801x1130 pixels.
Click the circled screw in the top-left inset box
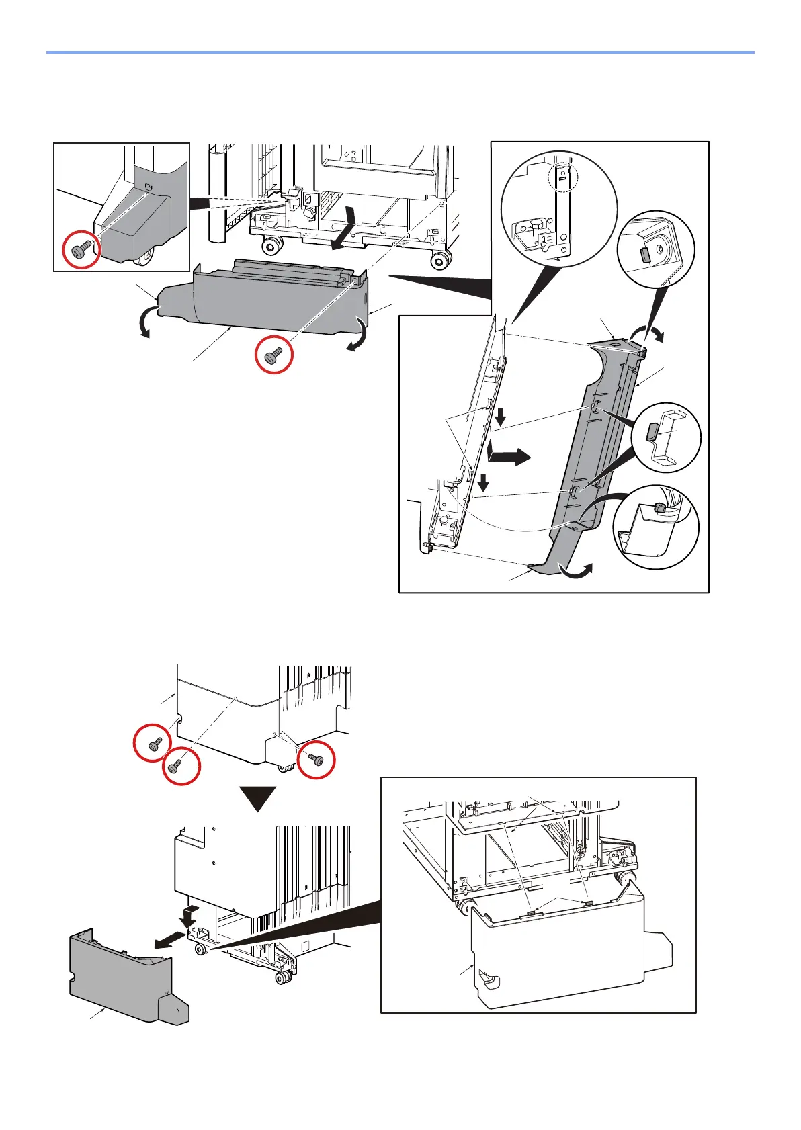coord(82,251)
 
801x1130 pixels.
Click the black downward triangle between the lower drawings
coord(258,798)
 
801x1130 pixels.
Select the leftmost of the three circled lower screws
coord(153,743)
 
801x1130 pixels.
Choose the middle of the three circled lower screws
coord(180,765)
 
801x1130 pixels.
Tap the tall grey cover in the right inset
coord(585,457)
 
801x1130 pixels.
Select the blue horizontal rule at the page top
coord(400,52)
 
